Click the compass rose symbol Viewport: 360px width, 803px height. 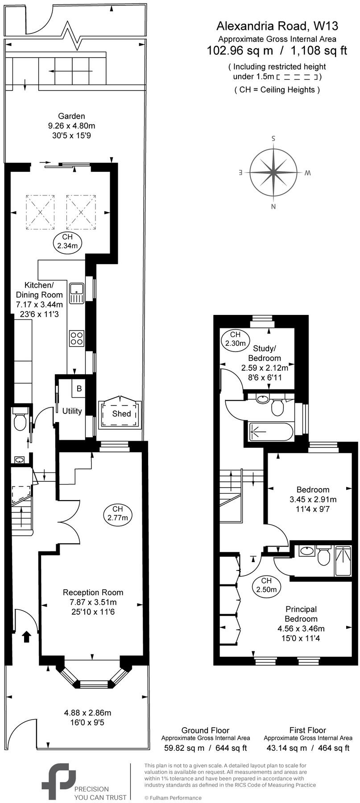click(273, 172)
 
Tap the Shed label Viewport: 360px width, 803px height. click(121, 414)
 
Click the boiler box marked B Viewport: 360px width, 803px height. click(79, 389)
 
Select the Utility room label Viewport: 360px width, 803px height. click(72, 411)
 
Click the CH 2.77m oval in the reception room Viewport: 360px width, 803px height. click(117, 513)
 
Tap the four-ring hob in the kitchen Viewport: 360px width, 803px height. click(76, 338)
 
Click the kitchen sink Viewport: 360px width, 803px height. click(77, 293)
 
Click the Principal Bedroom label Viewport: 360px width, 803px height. click(301, 614)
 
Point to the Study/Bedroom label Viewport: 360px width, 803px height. click(265, 353)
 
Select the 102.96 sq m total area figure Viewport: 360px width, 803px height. click(240, 50)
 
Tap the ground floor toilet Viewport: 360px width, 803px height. click(20, 421)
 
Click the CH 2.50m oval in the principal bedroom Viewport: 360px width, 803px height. click(266, 585)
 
